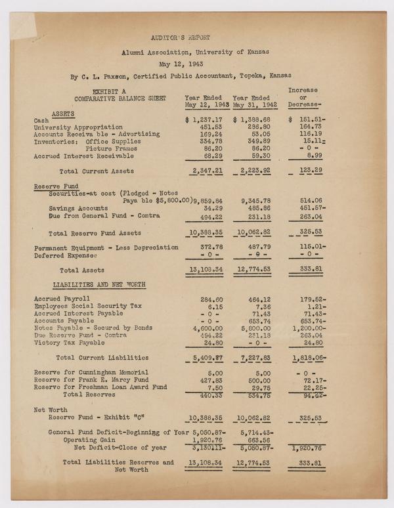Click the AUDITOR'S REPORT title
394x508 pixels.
click(181, 38)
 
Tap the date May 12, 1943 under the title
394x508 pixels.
click(181, 64)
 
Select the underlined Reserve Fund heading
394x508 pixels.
click(52, 186)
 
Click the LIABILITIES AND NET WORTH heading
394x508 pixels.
click(100, 284)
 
